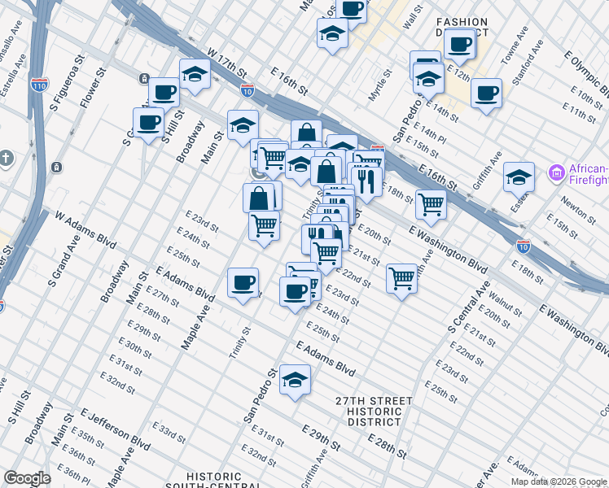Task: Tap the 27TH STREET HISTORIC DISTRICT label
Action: (x=374, y=412)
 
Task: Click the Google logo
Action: (x=27, y=478)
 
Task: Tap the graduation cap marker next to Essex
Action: (x=519, y=176)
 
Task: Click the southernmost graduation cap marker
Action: (x=295, y=379)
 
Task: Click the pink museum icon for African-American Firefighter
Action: (x=556, y=172)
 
